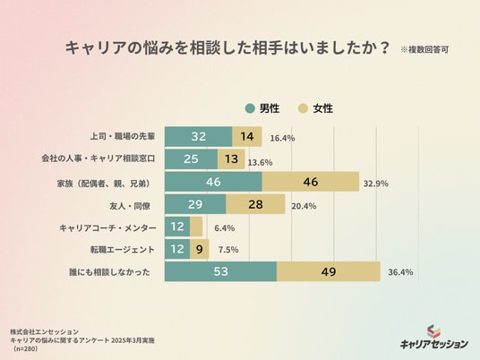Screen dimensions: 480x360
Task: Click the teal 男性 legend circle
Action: click(x=250, y=108)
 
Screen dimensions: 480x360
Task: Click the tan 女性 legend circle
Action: click(x=303, y=108)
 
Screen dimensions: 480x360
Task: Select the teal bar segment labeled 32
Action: click(x=199, y=136)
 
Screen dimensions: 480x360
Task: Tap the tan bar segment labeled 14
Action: click(x=247, y=136)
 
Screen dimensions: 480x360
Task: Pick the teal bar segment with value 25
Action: click(x=191, y=159)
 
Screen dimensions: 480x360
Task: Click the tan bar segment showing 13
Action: click(x=231, y=159)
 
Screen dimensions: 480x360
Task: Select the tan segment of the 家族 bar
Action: click(x=311, y=182)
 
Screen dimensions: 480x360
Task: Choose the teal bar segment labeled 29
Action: click(x=195, y=204)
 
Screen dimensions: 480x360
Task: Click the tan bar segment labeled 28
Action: click(x=255, y=204)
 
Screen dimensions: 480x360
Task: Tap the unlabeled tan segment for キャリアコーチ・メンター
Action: click(x=196, y=227)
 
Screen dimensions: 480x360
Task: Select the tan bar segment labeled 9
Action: click(x=200, y=249)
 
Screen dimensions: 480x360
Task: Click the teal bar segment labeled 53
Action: click(x=220, y=271)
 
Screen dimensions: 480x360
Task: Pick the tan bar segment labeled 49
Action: click(x=329, y=271)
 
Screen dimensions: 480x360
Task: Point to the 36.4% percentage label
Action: click(x=400, y=272)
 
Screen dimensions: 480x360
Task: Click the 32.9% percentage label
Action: click(x=376, y=184)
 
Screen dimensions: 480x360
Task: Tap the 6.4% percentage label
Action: click(x=225, y=228)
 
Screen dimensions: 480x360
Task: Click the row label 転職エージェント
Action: click(x=123, y=250)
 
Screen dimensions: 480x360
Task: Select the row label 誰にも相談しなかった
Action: click(x=109, y=272)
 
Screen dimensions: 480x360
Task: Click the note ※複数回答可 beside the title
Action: click(x=424, y=49)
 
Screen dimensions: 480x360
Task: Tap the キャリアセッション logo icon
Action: click(x=433, y=332)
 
